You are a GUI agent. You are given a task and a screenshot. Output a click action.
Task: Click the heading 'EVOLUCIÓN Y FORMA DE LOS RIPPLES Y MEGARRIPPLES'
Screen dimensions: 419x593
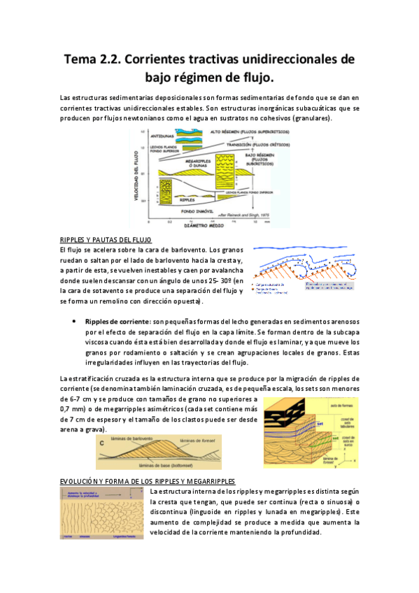click(x=148, y=482)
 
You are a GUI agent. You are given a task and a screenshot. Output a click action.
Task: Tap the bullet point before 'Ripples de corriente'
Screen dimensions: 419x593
click(x=74, y=320)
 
